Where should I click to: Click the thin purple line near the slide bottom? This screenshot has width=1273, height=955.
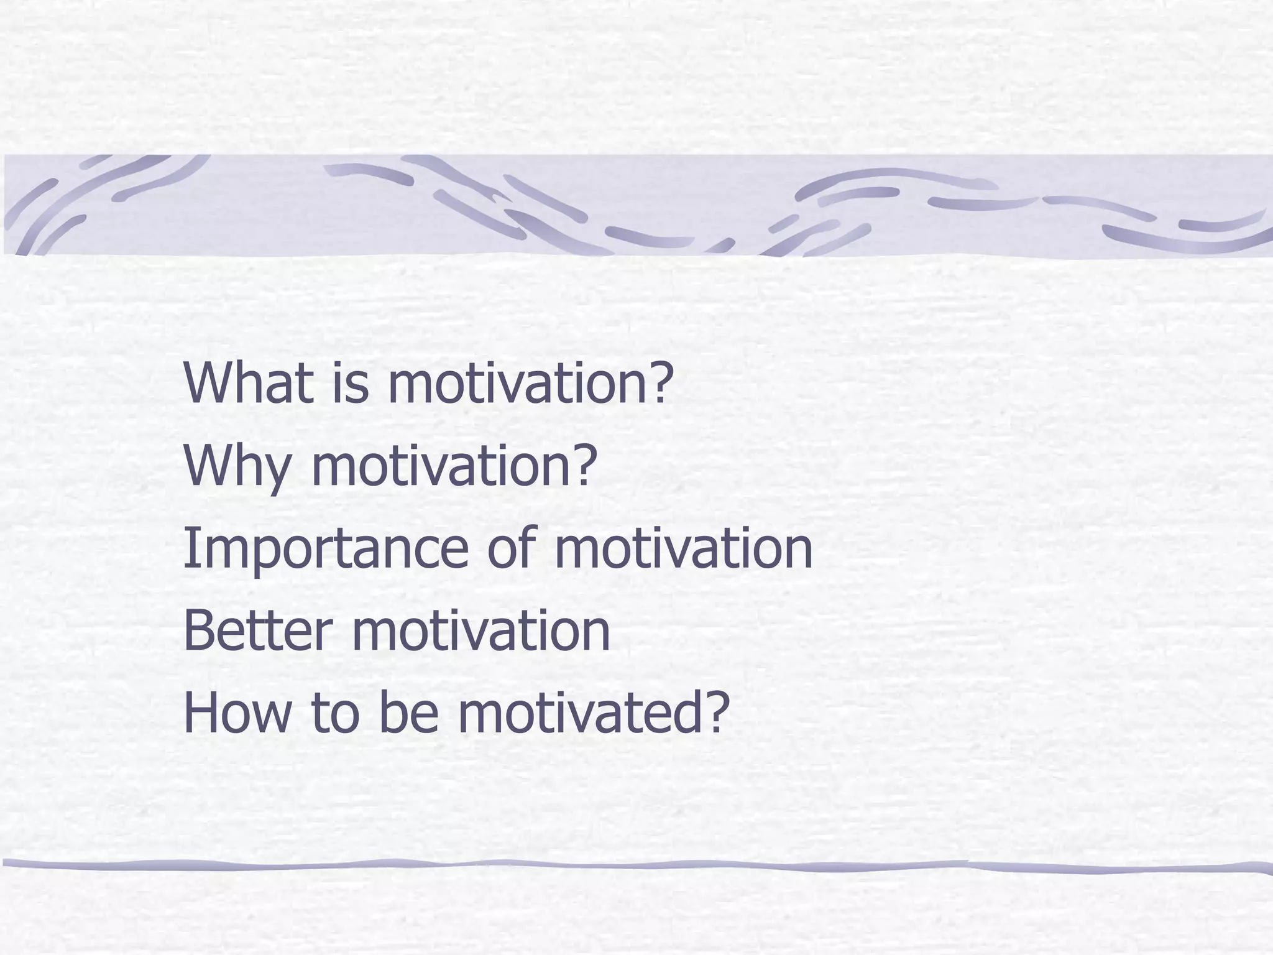(x=636, y=865)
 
